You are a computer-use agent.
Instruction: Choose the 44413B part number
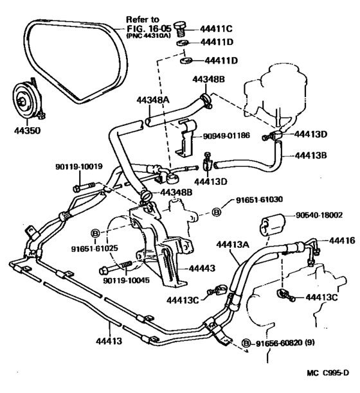pyautogui.click(x=313, y=154)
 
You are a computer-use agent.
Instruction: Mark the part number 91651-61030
pyautogui.click(x=257, y=200)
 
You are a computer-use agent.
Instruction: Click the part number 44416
pyautogui.click(x=343, y=240)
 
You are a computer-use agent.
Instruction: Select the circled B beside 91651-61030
pyautogui.click(x=217, y=213)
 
